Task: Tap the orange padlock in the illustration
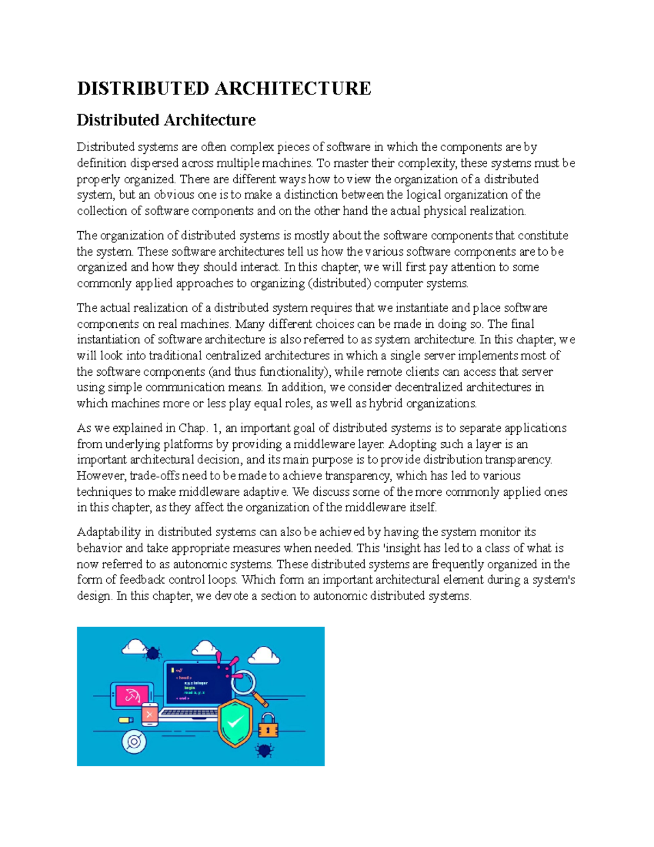pyautogui.click(x=268, y=726)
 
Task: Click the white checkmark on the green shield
pyautogui.click(x=235, y=723)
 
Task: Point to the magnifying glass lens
pyautogui.click(x=242, y=682)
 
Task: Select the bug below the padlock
pyautogui.click(x=265, y=750)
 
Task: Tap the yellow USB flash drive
pyautogui.click(x=126, y=720)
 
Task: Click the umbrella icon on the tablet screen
pyautogui.click(x=132, y=695)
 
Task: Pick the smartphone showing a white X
pyautogui.click(x=149, y=714)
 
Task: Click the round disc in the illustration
pyautogui.click(x=134, y=742)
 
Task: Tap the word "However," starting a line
pyautogui.click(x=102, y=476)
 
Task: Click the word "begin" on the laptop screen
pyautogui.click(x=189, y=688)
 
